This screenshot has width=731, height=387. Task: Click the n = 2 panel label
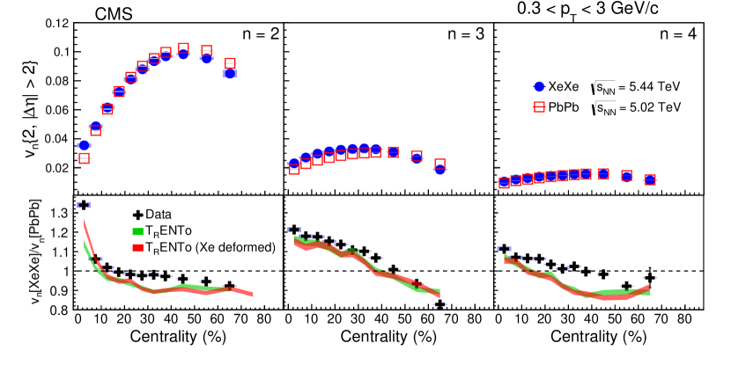tap(259, 35)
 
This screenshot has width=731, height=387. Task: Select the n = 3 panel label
tap(469, 35)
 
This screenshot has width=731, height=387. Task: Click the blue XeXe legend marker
tap(540, 87)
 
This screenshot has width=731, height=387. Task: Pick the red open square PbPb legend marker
tap(540, 108)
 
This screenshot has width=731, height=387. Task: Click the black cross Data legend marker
tap(137, 214)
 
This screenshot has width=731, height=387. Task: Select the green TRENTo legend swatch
tap(137, 231)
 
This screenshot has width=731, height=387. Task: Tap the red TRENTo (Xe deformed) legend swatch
tap(137, 248)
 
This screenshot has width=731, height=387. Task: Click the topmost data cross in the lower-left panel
tap(84, 205)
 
